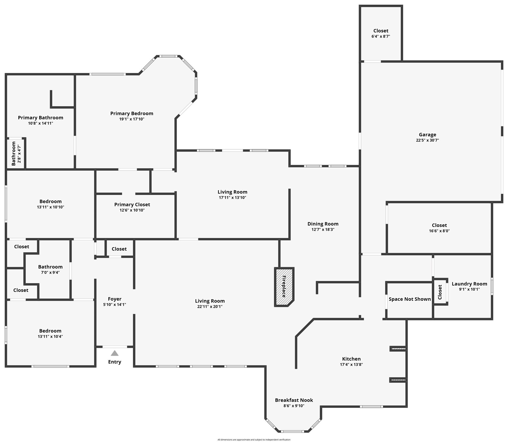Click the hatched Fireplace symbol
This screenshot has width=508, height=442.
[284, 287]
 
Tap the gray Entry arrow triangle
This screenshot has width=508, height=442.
[114, 353]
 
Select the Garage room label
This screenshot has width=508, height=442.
[427, 135]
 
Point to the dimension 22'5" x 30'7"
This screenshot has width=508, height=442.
[427, 140]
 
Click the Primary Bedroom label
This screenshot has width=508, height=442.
[132, 114]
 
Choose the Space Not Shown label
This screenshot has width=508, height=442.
[409, 299]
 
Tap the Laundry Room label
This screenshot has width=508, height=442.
[469, 284]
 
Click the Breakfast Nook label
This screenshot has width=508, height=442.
[294, 400]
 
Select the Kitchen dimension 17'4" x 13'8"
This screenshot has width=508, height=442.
[351, 365]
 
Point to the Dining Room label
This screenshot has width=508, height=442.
[323, 224]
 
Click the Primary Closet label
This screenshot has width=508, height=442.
[132, 205]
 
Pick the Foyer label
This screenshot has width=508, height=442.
[114, 299]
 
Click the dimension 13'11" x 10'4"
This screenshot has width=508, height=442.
[50, 337]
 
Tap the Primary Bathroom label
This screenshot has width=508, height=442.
[40, 118]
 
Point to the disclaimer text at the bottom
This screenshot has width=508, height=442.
[254, 440]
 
